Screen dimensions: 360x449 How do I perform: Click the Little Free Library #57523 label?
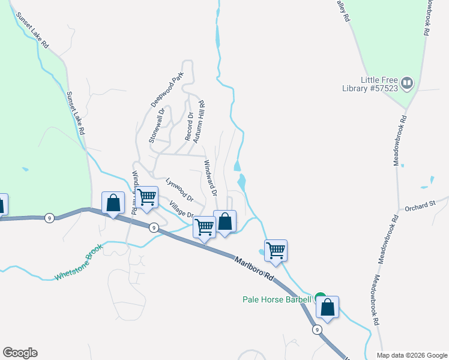pyautogui.click(x=380, y=83)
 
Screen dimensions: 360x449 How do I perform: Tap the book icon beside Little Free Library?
pyautogui.click(x=408, y=83)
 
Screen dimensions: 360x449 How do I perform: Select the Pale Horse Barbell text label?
pyautogui.click(x=277, y=299)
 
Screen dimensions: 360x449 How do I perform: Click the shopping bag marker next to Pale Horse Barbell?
pyautogui.click(x=328, y=308)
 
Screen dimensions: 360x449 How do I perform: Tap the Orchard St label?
pyautogui.click(x=419, y=206)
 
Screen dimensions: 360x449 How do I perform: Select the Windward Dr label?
pyautogui.click(x=209, y=178)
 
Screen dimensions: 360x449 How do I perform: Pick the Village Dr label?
pyautogui.click(x=182, y=210)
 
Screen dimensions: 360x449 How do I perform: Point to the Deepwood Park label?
pyautogui.click(x=167, y=91)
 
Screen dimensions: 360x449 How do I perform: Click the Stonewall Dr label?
pyautogui.click(x=157, y=124)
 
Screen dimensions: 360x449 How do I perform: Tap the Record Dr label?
pyautogui.click(x=190, y=127)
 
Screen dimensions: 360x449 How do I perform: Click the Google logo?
pyautogui.click(x=20, y=353)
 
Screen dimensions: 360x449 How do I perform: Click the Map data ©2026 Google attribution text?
pyautogui.click(x=411, y=355)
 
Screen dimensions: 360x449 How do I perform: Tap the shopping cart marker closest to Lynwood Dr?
pyautogui.click(x=146, y=197)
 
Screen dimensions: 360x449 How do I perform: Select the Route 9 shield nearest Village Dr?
pyautogui.click(x=154, y=227)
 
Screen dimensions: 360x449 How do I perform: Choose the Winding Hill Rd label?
pyautogui.click(x=135, y=191)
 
